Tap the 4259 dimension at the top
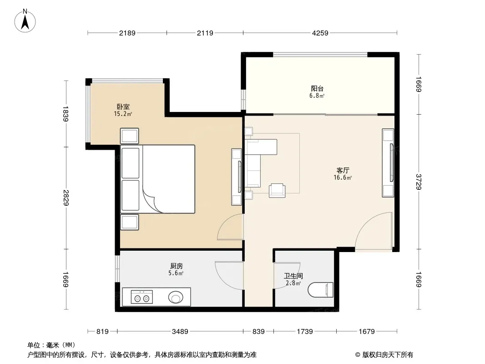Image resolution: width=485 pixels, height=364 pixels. pos(320,33)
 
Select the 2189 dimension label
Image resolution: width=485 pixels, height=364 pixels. pos(127,33)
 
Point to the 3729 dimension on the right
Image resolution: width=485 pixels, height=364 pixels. pos(419,182)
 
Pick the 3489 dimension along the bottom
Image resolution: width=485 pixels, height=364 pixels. pos(180,332)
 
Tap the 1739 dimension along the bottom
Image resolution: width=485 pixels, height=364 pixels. pos(305,332)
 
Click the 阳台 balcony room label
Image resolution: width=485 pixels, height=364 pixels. pos(317,88)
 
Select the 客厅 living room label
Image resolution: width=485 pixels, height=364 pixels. pos(343,171)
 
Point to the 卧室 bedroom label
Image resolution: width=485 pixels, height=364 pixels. pos(123,106)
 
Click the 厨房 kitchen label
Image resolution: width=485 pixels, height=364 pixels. pos(177,266)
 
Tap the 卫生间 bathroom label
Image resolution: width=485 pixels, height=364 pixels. pos(293,276)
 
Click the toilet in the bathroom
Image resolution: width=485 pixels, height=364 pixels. pos(321,289)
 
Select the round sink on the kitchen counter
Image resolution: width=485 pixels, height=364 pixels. pos(176,298)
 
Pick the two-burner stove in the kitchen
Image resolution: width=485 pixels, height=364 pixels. pos(141,297)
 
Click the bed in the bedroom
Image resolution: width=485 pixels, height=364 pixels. pos(158,179)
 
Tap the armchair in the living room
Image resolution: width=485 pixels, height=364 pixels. pos(277,190)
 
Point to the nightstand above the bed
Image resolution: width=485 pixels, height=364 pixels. pos(129,136)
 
